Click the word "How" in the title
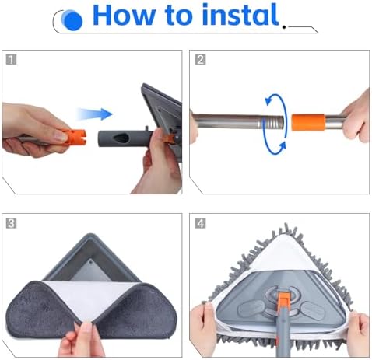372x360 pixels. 124,15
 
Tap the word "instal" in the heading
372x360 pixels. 240,14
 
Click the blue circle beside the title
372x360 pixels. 72,20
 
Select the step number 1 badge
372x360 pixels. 11,59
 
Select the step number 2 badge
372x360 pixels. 200,59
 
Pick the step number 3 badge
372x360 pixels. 11,223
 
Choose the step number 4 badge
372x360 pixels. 200,223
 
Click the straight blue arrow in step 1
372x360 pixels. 95,114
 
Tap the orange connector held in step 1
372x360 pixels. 74,138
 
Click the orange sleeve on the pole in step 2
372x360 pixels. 308,122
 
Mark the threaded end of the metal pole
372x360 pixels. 273,122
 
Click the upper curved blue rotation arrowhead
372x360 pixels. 269,100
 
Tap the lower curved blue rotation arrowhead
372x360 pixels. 282,146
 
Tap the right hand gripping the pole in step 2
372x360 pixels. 356,117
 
